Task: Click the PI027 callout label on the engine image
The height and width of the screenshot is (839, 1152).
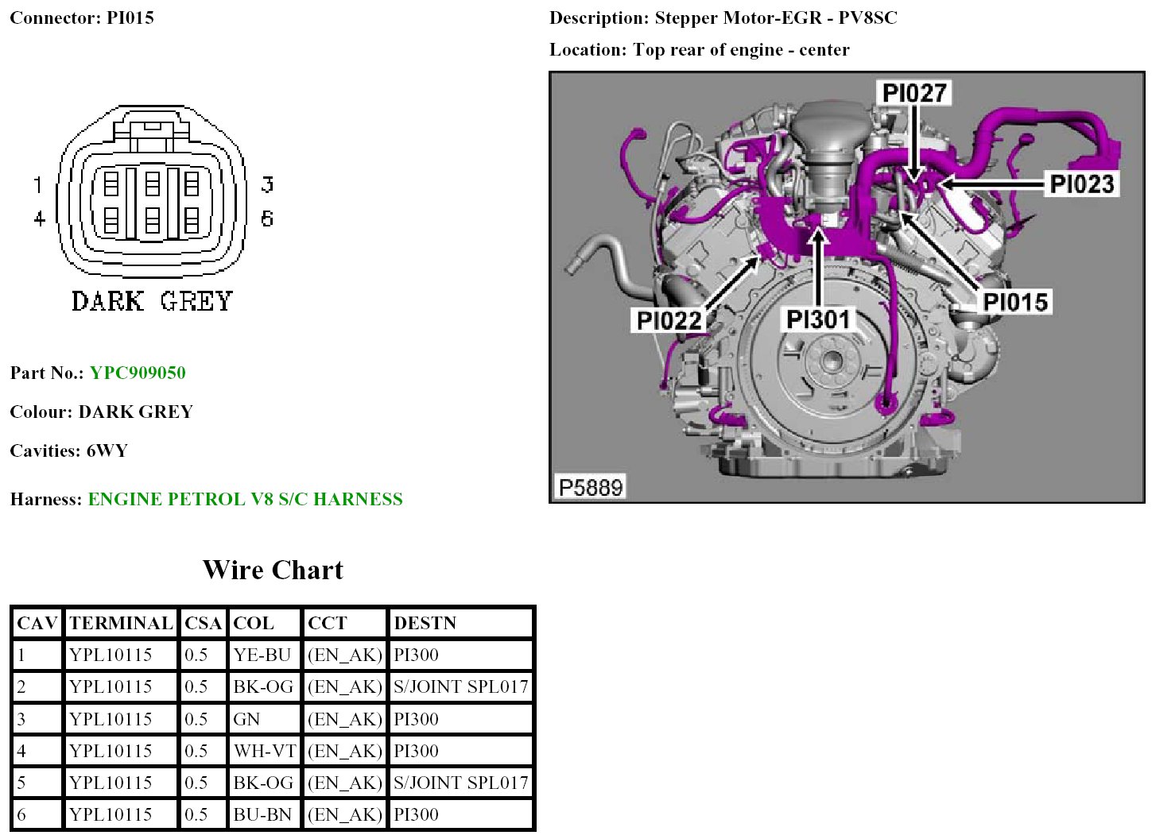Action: point(913,93)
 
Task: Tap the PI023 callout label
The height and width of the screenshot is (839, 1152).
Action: point(1081,184)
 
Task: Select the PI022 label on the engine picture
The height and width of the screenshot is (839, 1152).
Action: point(669,320)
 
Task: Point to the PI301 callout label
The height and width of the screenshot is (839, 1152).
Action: point(818,319)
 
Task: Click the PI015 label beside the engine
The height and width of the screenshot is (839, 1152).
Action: point(1015,302)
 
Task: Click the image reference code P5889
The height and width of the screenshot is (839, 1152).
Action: point(591,487)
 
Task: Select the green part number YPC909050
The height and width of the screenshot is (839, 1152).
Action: point(138,373)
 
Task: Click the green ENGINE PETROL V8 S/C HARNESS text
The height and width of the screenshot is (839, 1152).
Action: point(246,499)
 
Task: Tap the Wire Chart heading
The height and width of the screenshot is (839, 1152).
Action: point(273,570)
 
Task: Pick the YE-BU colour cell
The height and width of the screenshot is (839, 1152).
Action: point(262,655)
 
